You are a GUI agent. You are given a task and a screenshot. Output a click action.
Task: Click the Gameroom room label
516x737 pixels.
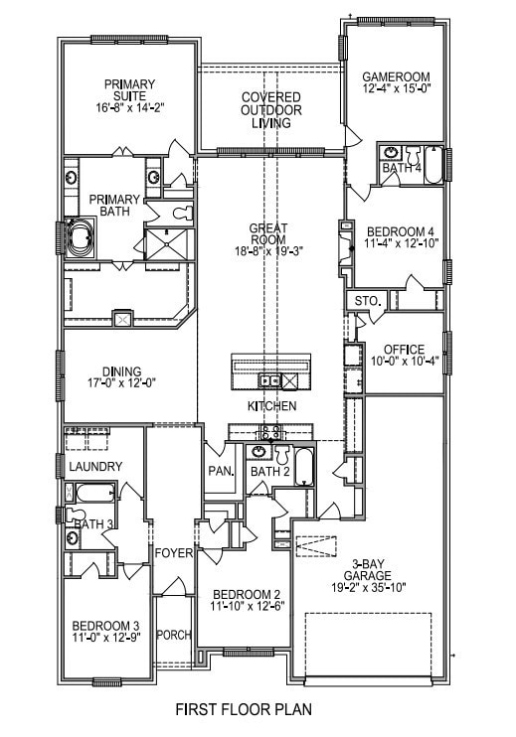pyautogui.click(x=396, y=76)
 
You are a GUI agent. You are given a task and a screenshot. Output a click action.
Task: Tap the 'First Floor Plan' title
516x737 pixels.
pyautogui.click(x=244, y=709)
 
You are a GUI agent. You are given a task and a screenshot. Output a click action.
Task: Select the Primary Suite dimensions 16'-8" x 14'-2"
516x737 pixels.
pyautogui.click(x=129, y=107)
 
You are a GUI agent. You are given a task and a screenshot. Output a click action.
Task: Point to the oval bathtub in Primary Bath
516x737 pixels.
pyautogui.click(x=80, y=237)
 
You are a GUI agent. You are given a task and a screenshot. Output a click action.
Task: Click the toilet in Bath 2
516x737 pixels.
pyautogui.click(x=282, y=454)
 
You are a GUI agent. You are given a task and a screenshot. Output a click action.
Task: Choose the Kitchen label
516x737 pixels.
pyautogui.click(x=271, y=405)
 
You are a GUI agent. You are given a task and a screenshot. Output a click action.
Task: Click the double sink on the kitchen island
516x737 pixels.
pyautogui.click(x=269, y=380)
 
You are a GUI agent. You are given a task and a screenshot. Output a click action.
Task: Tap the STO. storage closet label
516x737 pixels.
pyautogui.click(x=368, y=301)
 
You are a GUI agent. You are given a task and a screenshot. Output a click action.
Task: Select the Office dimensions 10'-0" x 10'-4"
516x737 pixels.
pyautogui.click(x=404, y=362)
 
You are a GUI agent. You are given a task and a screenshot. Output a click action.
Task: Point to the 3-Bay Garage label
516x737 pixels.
pyautogui.click(x=368, y=569)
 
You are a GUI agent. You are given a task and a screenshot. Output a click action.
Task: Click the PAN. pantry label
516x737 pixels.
pyautogui.click(x=221, y=471)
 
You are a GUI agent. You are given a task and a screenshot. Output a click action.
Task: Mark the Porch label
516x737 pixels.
pyautogui.click(x=174, y=635)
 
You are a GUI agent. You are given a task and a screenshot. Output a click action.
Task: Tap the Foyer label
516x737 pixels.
pyautogui.click(x=174, y=553)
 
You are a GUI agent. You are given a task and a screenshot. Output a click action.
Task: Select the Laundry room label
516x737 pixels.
pyautogui.click(x=95, y=466)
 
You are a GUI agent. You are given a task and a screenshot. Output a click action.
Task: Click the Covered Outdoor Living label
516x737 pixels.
pyautogui.click(x=271, y=110)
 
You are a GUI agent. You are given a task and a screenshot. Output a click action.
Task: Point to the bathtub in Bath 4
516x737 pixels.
pyautogui.click(x=433, y=165)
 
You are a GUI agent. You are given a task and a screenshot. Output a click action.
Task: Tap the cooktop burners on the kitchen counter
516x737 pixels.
pyautogui.click(x=271, y=431)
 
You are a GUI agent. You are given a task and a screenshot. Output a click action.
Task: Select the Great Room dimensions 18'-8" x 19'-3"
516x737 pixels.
pyautogui.click(x=268, y=251)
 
